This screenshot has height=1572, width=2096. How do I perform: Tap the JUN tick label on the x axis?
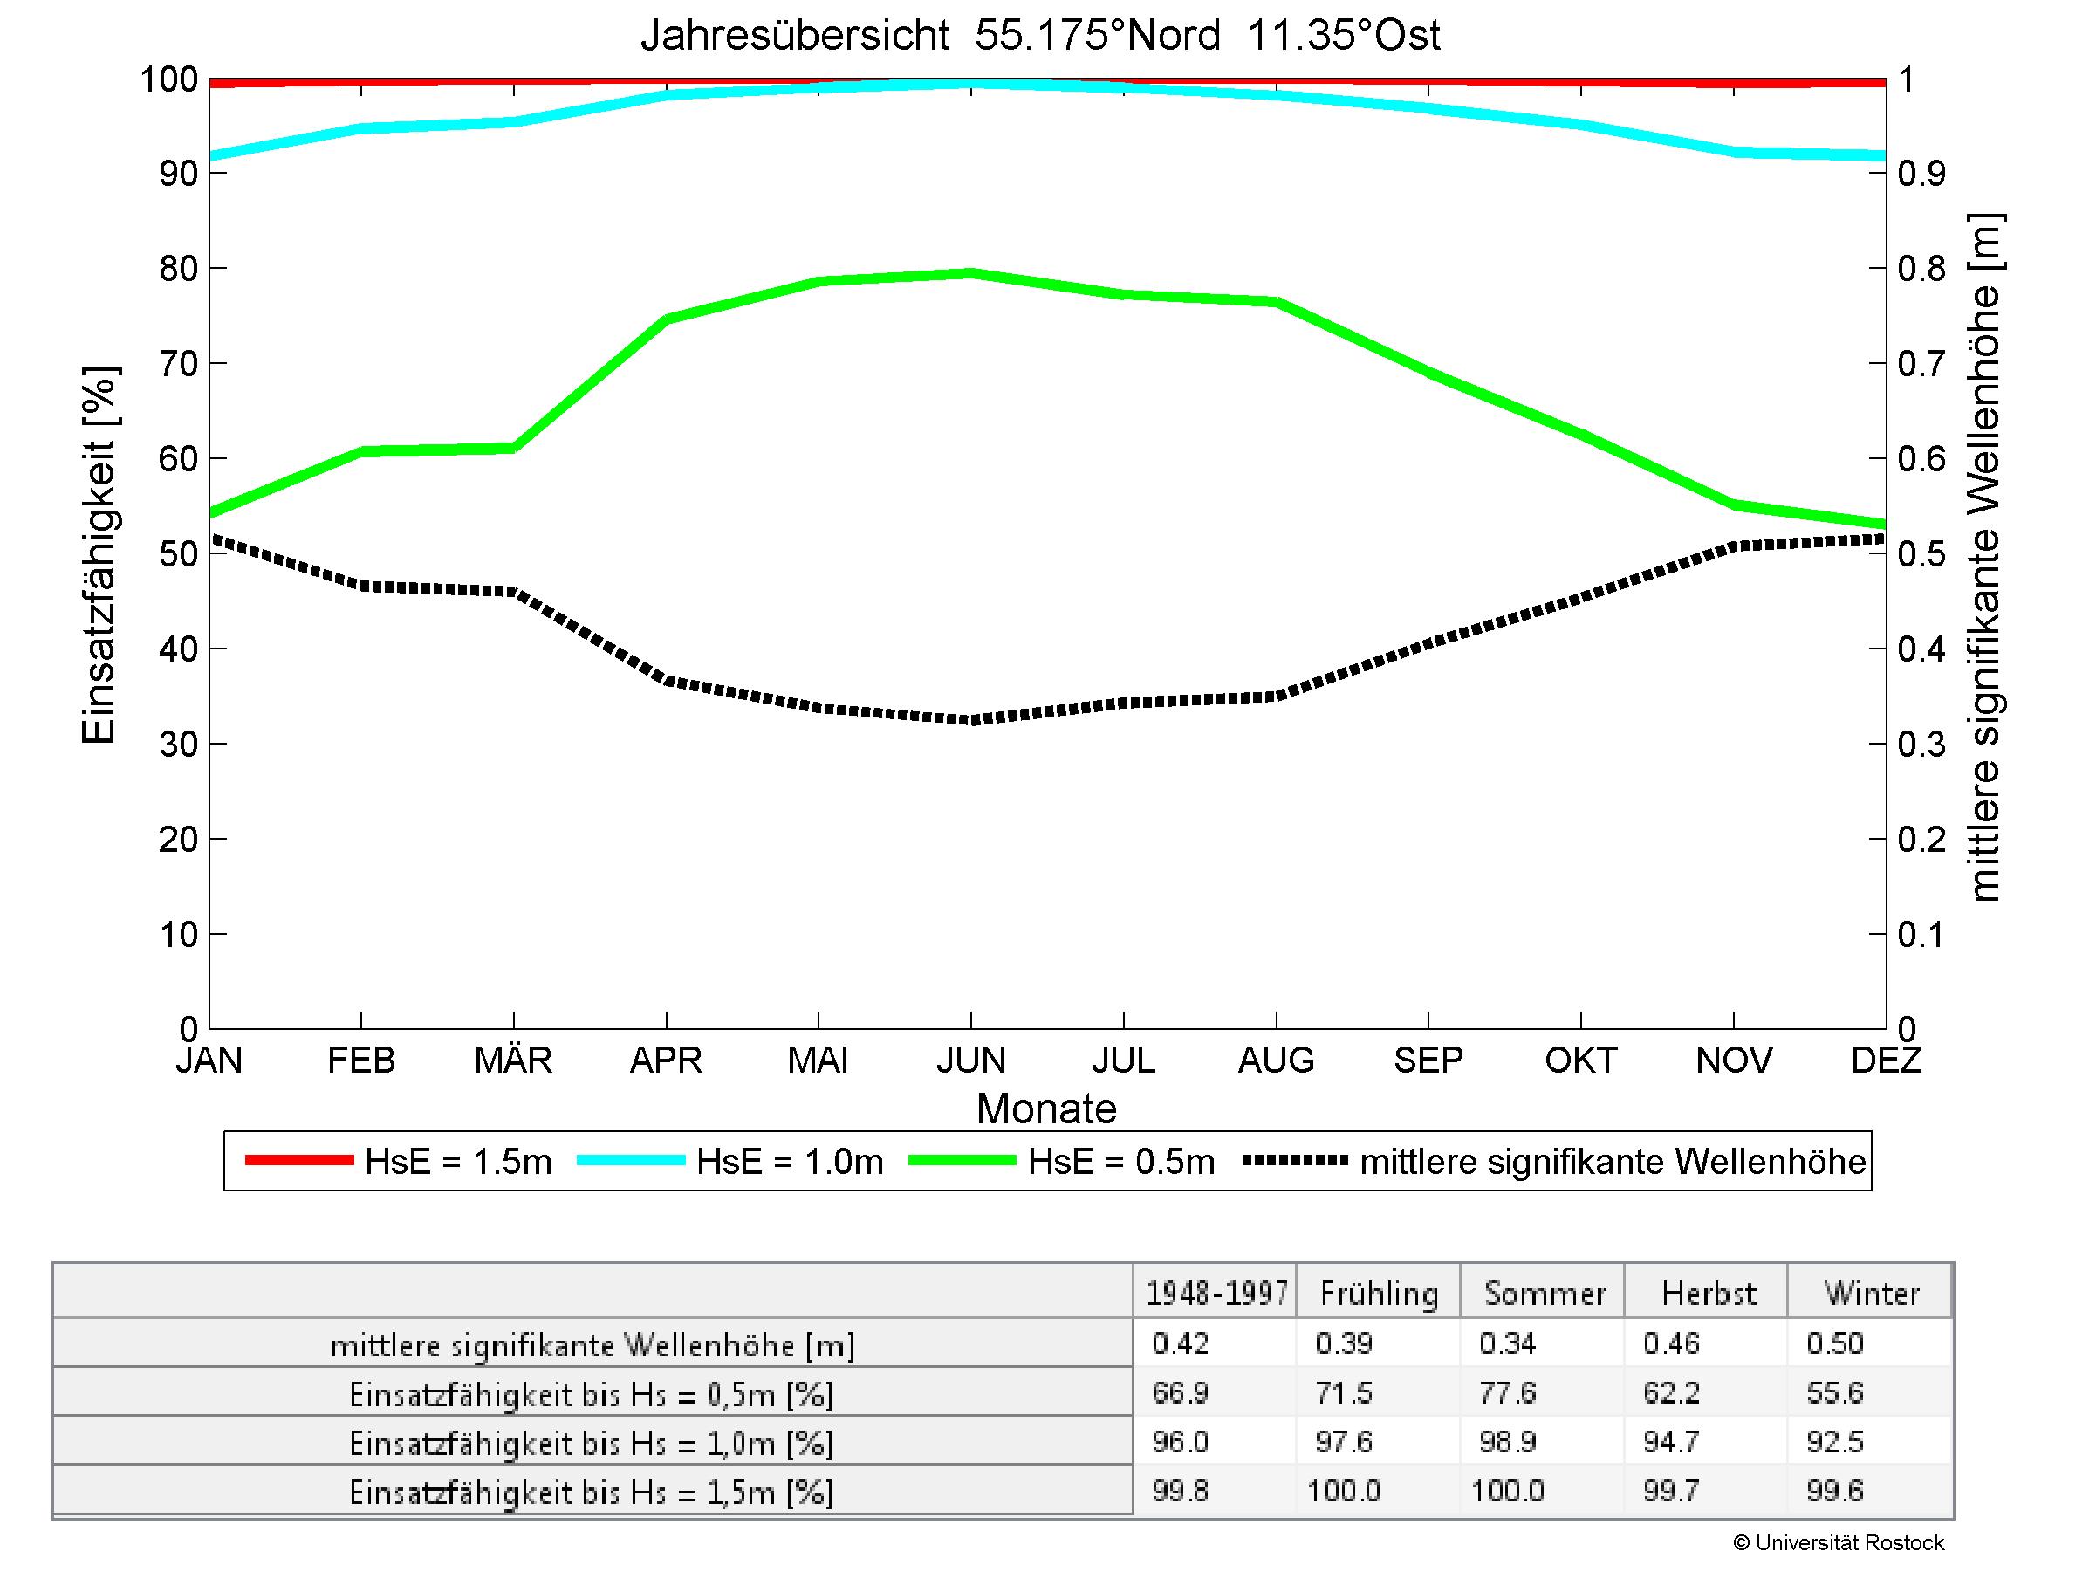click(970, 1060)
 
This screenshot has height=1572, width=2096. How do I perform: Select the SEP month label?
click(1428, 1060)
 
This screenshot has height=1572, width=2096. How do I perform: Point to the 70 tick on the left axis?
click(178, 363)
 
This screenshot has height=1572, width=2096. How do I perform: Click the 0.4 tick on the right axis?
click(1921, 649)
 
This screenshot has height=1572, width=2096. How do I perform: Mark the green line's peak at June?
click(971, 273)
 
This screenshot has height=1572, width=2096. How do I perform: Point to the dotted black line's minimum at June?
click(971, 720)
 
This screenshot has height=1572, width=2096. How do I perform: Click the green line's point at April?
click(666, 319)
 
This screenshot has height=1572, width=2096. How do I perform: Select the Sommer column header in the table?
click(1545, 1294)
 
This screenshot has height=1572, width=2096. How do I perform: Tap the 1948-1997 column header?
click(1216, 1294)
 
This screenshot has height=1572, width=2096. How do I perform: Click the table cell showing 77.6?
click(1507, 1392)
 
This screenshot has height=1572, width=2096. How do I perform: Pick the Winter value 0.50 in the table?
click(1834, 1342)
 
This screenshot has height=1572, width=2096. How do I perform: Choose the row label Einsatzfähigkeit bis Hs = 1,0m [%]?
click(592, 1443)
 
